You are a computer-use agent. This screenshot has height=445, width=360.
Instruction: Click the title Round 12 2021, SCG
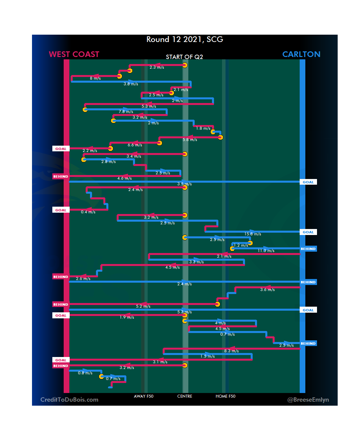pyautogui.click(x=185, y=39)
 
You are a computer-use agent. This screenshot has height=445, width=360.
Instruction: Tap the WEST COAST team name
pyautogui.click(x=74, y=54)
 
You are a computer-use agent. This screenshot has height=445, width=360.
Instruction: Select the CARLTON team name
pyautogui.click(x=301, y=54)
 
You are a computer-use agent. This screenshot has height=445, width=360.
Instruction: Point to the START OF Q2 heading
pyautogui.click(x=184, y=57)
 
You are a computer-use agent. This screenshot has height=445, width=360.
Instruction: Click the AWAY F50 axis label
pyautogui.click(x=144, y=396)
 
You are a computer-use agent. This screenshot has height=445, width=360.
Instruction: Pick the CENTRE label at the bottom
pyautogui.click(x=185, y=396)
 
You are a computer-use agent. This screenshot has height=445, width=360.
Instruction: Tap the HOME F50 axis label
pyautogui.click(x=225, y=396)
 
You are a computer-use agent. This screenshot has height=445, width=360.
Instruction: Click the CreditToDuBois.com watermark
pyautogui.click(x=69, y=400)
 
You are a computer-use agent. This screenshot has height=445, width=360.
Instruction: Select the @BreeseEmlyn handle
pyautogui.click(x=308, y=400)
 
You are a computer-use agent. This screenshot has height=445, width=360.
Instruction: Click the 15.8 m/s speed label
pyautogui.click(x=253, y=234)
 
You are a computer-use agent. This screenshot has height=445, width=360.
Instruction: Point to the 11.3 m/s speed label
pyautogui.click(x=266, y=251)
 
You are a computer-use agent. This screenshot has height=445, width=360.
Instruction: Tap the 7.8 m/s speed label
pyautogui.click(x=126, y=112)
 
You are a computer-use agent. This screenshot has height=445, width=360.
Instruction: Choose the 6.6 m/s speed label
pyautogui.click(x=135, y=145)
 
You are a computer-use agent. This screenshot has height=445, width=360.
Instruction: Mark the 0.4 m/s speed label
pyautogui.click(x=88, y=212)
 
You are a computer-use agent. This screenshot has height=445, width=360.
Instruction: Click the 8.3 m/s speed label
pyautogui.click(x=232, y=351)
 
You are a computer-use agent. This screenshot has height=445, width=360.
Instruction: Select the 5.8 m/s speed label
pyautogui.click(x=190, y=140)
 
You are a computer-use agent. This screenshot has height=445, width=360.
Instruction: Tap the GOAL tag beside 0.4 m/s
pyautogui.click(x=61, y=210)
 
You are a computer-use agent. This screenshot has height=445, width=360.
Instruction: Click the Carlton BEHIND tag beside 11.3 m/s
pyautogui.click(x=308, y=249)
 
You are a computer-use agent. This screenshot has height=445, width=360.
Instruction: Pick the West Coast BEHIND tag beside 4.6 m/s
pyautogui.click(x=61, y=177)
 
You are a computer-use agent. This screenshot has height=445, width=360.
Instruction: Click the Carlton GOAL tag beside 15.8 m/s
pyautogui.click(x=308, y=232)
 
